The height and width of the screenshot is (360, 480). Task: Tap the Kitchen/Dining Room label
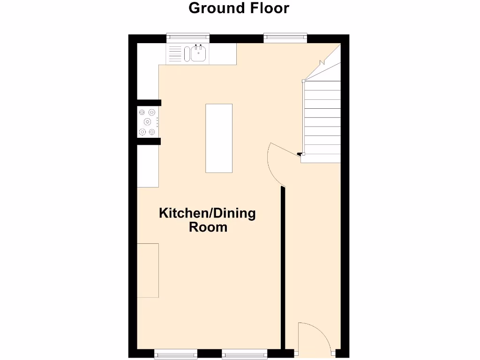pyautogui.click(x=208, y=220)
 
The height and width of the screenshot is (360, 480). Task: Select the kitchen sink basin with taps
pyautogui.click(x=199, y=53)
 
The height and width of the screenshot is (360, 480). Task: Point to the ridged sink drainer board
pyautogui.click(x=175, y=54)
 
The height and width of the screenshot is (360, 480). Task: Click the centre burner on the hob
pyautogui.click(x=147, y=122)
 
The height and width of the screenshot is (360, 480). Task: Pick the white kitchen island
pyautogui.click(x=219, y=138)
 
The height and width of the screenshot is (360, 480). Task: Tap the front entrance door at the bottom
pyautogui.click(x=315, y=337)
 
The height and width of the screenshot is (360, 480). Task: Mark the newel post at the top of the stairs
pyautogui.click(x=304, y=81)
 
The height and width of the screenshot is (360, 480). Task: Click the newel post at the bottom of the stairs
pyautogui.click(x=303, y=153)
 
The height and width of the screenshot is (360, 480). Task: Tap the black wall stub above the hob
pyautogui.click(x=149, y=103)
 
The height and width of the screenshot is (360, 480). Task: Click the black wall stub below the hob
pyautogui.click(x=149, y=142)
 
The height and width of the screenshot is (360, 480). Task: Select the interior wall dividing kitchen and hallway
pyautogui.click(x=283, y=267)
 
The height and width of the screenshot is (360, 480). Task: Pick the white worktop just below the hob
pyautogui.click(x=148, y=166)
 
